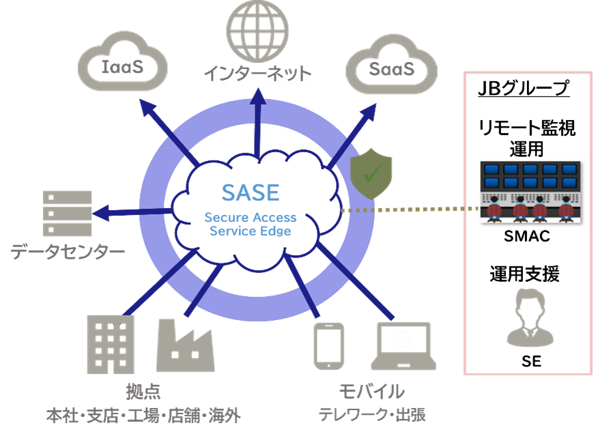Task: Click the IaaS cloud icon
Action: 122,66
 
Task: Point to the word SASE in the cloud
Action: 251,192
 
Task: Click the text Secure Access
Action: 251,218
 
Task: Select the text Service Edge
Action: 251,231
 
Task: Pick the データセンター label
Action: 68,253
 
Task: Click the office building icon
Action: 110,344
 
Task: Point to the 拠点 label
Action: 143,392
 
